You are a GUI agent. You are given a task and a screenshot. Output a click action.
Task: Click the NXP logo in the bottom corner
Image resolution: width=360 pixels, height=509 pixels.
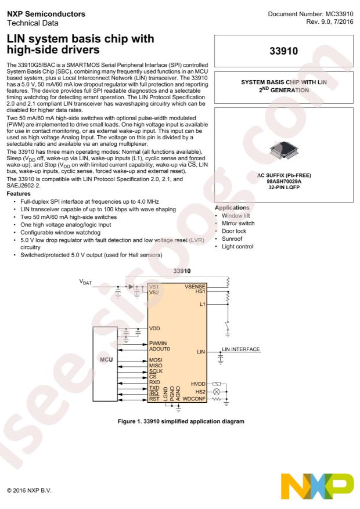(317, 486)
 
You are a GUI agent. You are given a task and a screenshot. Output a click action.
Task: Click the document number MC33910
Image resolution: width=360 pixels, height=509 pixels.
(339, 14)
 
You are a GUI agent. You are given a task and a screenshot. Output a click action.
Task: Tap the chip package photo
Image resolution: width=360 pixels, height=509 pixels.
(284, 151)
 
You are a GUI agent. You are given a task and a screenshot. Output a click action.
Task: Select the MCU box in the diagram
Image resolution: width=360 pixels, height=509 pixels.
(105, 364)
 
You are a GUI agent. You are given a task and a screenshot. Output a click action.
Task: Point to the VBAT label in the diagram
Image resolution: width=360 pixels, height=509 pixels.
(86, 282)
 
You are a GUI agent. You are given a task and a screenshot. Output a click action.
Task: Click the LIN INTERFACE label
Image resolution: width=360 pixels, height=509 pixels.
(241, 349)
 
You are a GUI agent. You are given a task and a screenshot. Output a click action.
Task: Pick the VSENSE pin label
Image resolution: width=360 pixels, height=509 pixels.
(195, 286)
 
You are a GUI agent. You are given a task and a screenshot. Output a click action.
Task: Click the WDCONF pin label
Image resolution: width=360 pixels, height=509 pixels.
(194, 399)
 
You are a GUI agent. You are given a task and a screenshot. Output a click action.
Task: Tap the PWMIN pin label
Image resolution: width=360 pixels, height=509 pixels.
(158, 343)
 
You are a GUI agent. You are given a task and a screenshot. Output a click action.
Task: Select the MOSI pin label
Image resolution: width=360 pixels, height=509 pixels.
(156, 360)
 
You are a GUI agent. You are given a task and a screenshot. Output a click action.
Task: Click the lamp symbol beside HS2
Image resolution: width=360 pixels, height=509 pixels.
(216, 392)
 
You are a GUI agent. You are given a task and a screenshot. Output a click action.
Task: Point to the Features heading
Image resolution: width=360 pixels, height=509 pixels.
(19, 193)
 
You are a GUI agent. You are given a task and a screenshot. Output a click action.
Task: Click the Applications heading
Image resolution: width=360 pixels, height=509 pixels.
(232, 207)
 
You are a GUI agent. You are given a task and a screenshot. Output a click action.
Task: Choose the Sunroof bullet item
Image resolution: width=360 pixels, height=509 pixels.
(232, 239)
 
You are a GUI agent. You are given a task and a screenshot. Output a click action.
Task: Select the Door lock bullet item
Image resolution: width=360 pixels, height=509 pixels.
(234, 231)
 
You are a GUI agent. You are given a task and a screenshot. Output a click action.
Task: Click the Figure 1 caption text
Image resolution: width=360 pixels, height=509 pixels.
(181, 421)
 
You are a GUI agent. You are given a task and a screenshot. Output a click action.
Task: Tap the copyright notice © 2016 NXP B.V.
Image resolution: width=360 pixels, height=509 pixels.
(29, 490)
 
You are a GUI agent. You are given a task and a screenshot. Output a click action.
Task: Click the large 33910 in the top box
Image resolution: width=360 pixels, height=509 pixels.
(284, 51)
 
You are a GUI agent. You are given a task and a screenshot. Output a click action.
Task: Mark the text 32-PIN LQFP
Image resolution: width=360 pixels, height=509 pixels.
(284, 187)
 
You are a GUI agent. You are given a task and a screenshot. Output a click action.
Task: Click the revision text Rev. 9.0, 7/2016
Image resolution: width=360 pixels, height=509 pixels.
(330, 21)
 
